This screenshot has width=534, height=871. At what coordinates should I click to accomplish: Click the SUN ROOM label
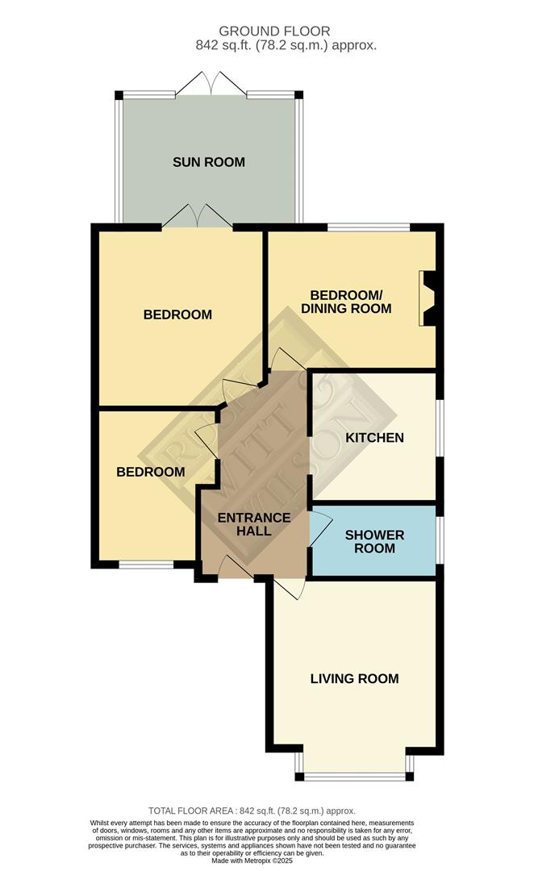[208, 162]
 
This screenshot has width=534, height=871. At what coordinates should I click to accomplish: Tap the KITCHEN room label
[374, 438]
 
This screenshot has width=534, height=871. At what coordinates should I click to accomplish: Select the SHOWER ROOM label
[370, 541]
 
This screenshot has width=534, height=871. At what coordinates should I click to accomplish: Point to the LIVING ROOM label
[354, 678]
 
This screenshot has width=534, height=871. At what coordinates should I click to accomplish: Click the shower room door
[319, 531]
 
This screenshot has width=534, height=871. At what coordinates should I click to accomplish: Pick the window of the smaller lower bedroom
[146, 565]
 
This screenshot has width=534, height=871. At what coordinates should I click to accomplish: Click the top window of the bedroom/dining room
[368, 227]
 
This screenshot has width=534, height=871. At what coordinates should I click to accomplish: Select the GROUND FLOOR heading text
[286, 31]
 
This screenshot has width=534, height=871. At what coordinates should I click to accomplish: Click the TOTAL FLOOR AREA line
[252, 811]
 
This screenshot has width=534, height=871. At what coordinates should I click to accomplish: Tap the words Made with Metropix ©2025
[252, 861]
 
